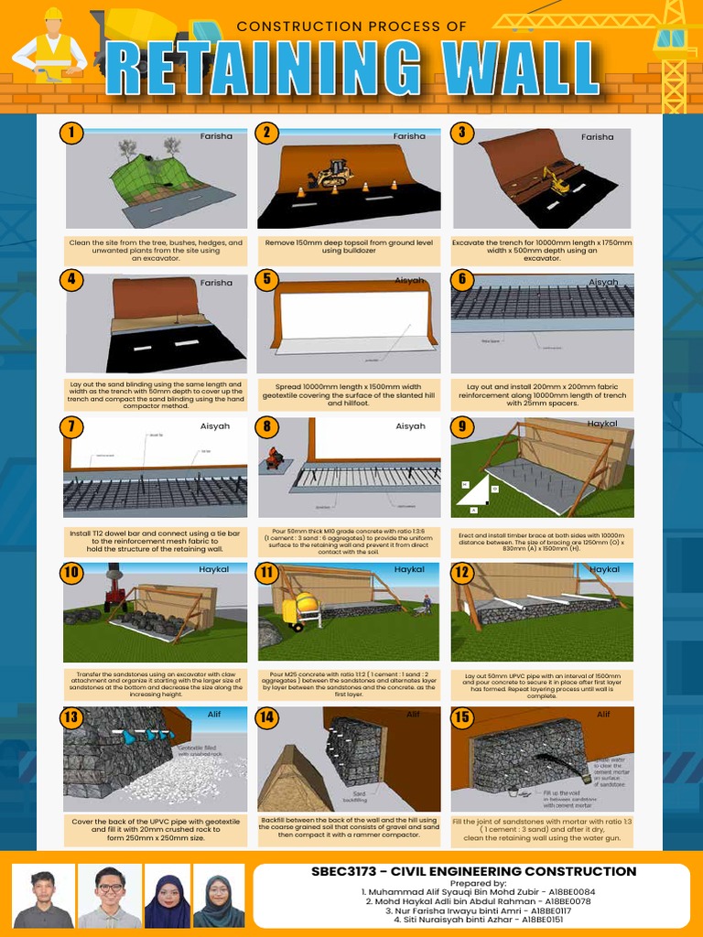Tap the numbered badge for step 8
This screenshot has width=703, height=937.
(x=266, y=426)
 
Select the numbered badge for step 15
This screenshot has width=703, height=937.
(x=462, y=717)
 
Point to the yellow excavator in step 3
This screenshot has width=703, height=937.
(x=555, y=180)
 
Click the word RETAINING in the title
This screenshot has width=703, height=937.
(x=246, y=69)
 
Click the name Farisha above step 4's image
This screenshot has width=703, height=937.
(x=216, y=283)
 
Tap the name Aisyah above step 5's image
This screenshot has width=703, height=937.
(x=409, y=280)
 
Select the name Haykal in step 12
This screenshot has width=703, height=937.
(x=604, y=569)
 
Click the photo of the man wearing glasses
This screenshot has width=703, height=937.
(x=109, y=897)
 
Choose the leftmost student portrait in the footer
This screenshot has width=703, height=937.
(x=43, y=897)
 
